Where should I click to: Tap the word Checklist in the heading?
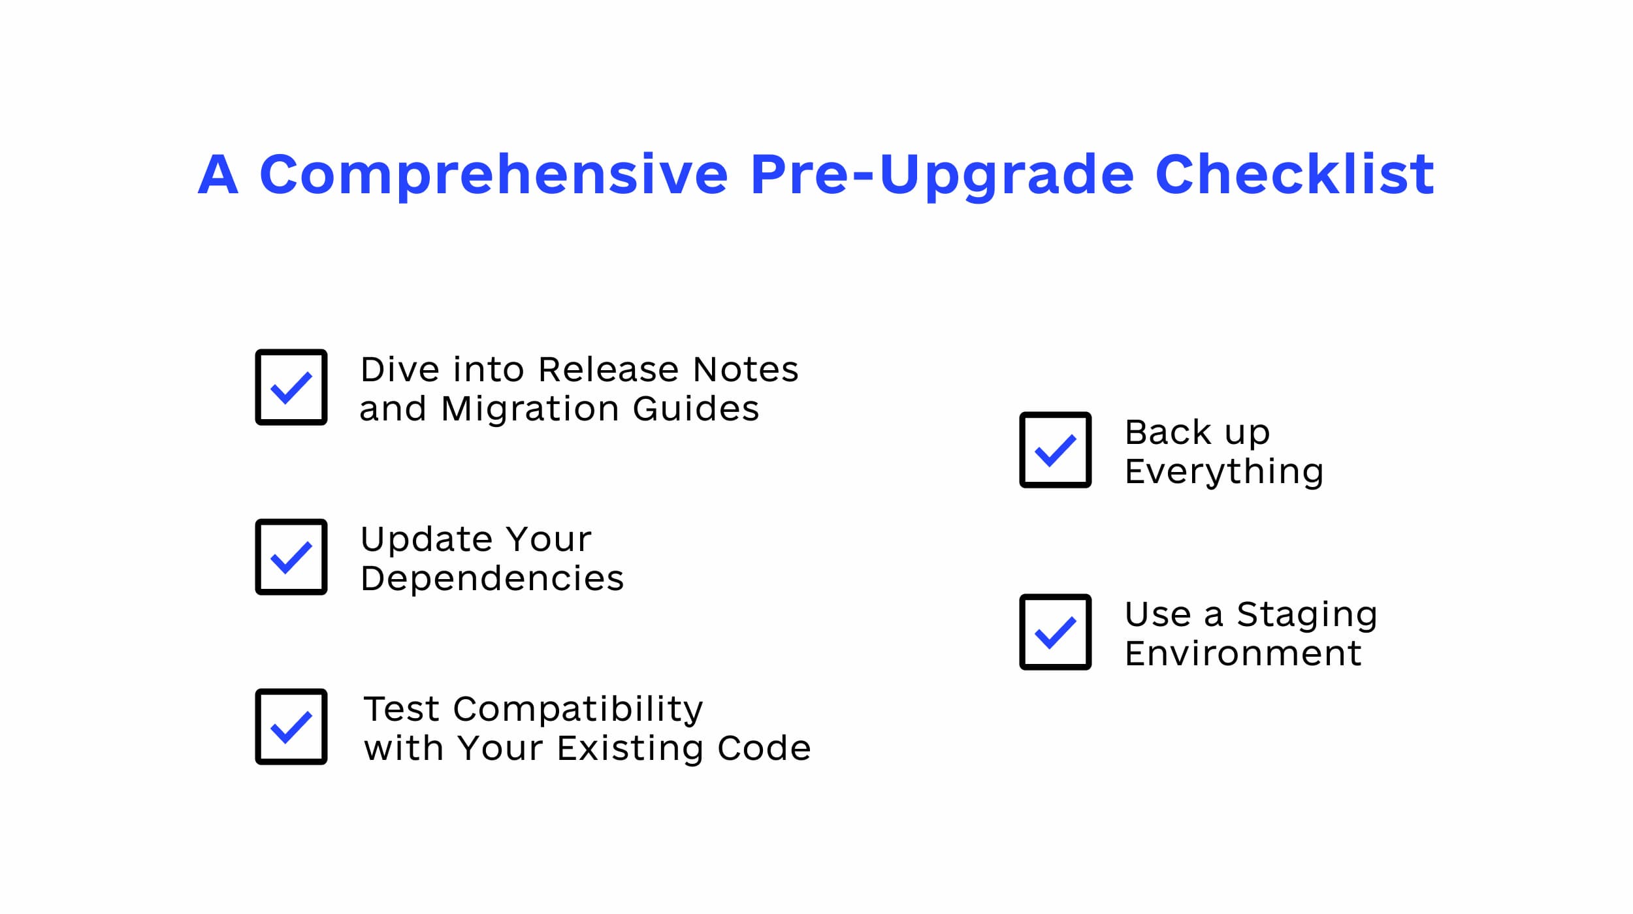pyautogui.click(x=1295, y=173)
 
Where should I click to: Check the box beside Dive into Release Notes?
pyautogui.click(x=291, y=387)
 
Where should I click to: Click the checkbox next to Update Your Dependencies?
pyautogui.click(x=291, y=557)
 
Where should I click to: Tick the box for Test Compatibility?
pyautogui.click(x=291, y=727)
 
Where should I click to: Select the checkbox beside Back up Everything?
pyautogui.click(x=1056, y=450)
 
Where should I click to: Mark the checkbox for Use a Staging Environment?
pyautogui.click(x=1056, y=632)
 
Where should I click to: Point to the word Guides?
pyautogui.click(x=696, y=409)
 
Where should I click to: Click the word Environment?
pyautogui.click(x=1243, y=654)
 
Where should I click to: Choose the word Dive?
pyautogui.click(x=400, y=370)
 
